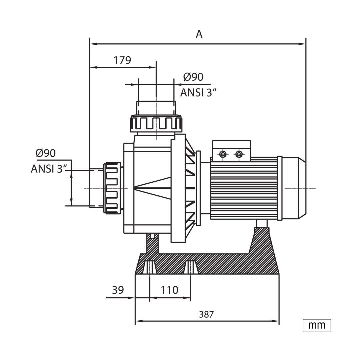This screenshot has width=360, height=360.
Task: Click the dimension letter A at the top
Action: pyautogui.click(x=199, y=34)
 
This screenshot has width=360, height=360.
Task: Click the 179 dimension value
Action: pyautogui.click(x=122, y=60)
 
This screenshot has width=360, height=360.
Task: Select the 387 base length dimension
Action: pyautogui.click(x=206, y=314)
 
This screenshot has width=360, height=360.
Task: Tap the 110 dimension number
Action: pyautogui.click(x=169, y=290)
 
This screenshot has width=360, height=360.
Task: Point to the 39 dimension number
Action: pyautogui.click(x=118, y=290)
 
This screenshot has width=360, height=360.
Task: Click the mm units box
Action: pyautogui.click(x=317, y=325)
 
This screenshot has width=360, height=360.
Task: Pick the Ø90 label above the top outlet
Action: pyautogui.click(x=193, y=77)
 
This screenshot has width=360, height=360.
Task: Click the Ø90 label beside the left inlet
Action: pyautogui.click(x=46, y=153)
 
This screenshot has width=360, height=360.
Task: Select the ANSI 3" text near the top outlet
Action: pyautogui.click(x=199, y=93)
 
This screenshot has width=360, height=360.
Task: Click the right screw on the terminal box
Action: pyautogui.click(x=239, y=154)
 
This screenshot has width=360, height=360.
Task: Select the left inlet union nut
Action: pyautogui.click(x=112, y=188)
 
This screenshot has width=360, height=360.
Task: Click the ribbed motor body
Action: pyautogui.click(x=244, y=188)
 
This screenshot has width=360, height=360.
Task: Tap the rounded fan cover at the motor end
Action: pyautogui.click(x=294, y=188)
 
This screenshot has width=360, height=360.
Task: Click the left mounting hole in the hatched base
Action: pyautogui.click(x=149, y=267)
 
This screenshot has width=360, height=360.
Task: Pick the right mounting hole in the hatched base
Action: pyautogui.click(x=191, y=267)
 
